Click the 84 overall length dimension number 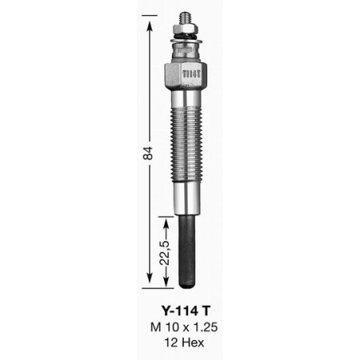pyautogui.click(x=148, y=152)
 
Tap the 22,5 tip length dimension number pyautogui.click(x=165, y=253)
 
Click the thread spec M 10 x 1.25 pyautogui.click(x=184, y=327)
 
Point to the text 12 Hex pyautogui.click(x=184, y=342)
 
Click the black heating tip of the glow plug pyautogui.click(x=187, y=252)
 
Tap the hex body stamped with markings pyautogui.click(x=186, y=77)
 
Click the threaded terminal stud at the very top pyautogui.click(x=184, y=18)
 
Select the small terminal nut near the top pyautogui.click(x=185, y=29)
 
